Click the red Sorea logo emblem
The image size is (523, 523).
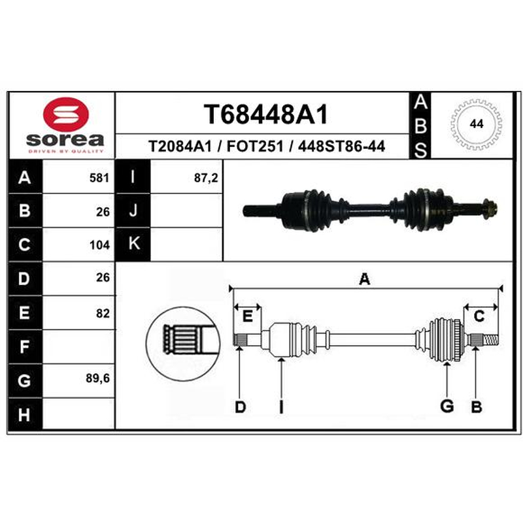pos(66,114)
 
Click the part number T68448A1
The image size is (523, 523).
pos(266,114)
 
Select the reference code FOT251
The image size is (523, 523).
pos(255,146)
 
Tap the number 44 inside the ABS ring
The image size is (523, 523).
pos(477,124)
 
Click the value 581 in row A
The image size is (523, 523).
pos(99,178)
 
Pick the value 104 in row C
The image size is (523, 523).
pos(99,245)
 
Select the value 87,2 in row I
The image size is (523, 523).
pos(206,178)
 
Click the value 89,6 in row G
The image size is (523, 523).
pos(97,379)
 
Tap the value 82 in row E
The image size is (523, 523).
pos(103,313)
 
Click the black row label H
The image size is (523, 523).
pos(25,414)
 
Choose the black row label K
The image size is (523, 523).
pos(133,244)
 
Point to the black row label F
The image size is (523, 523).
pos(25,346)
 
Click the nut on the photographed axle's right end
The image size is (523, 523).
pos(490,209)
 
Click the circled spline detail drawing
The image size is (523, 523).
pos(183,344)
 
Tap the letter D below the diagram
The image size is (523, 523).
pos(240,407)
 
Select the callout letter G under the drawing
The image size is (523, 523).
pos(447,406)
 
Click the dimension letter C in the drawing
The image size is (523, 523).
pos(479,316)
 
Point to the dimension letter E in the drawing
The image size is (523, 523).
pos(247,316)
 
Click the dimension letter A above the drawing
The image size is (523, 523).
pos(365,279)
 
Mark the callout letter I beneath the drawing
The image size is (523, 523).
pos(281,407)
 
